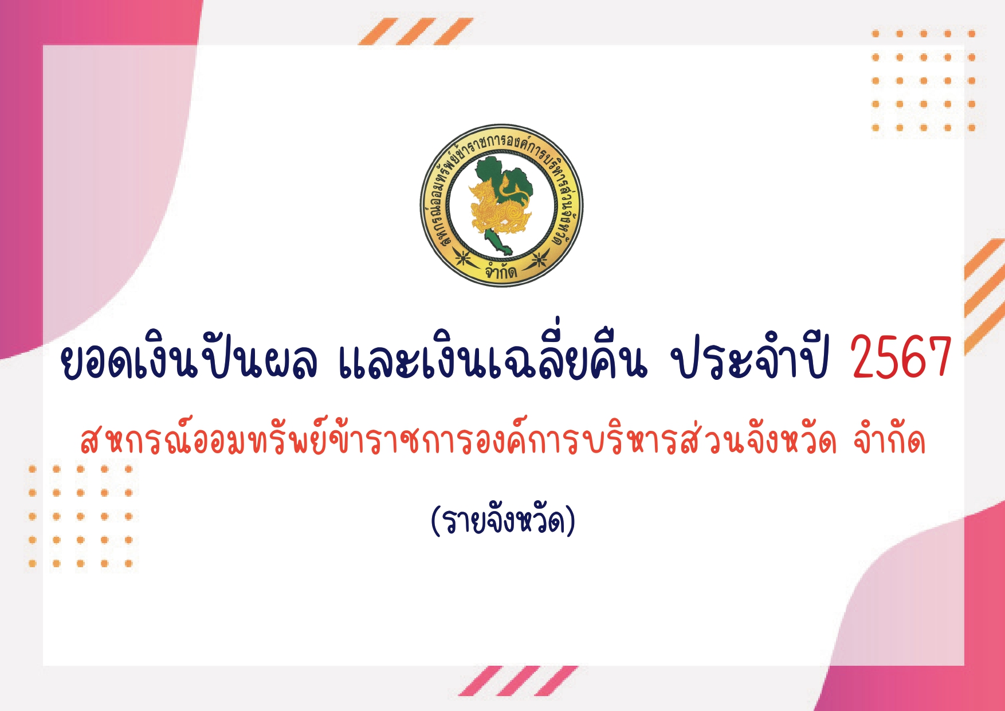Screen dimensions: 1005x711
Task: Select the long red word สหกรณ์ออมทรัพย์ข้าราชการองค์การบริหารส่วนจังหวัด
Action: (x=458, y=438)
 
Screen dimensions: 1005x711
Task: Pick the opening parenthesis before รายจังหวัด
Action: (x=435, y=520)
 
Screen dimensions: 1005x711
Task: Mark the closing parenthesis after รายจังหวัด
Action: (x=571, y=520)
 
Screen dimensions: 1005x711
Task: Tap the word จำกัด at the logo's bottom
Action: (x=501, y=270)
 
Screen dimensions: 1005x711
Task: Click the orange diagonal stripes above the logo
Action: (x=416, y=32)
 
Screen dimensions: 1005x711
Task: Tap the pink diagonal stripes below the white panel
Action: (x=518, y=681)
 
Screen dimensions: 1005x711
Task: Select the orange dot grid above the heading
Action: (x=924, y=81)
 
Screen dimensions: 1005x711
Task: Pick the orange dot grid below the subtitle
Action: (x=81, y=516)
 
